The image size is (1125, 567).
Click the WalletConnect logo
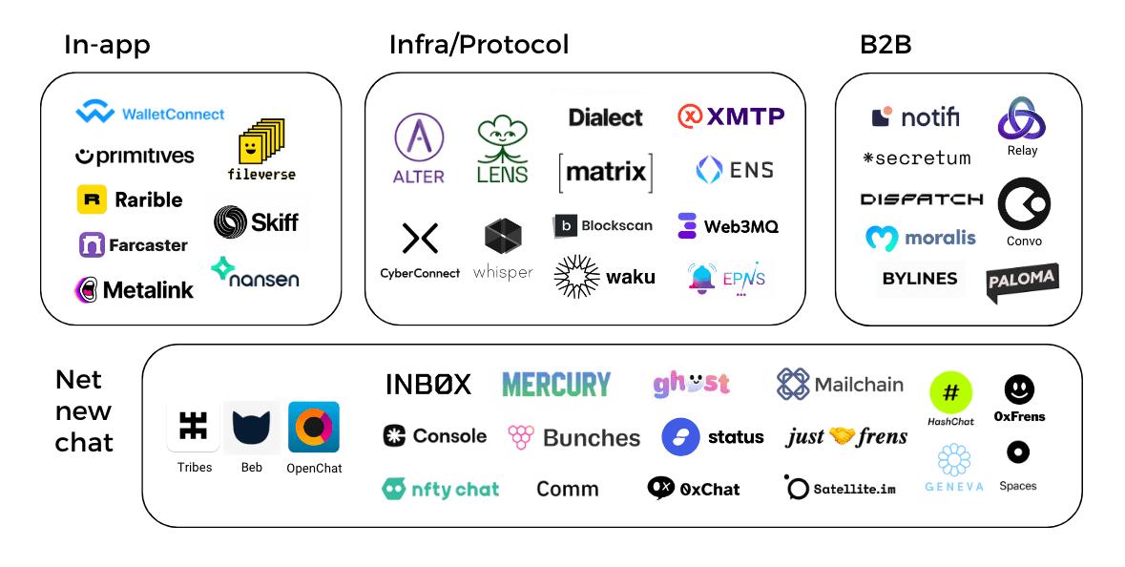[x=150, y=114]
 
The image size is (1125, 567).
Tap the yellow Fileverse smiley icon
[x=260, y=143]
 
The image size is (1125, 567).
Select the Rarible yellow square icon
[x=92, y=199]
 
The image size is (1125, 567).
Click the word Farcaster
[x=148, y=245]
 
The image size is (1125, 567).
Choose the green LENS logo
[x=502, y=148]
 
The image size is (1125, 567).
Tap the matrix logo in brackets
[x=606, y=173]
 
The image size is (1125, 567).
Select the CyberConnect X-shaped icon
[x=420, y=238]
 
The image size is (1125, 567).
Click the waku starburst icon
[x=575, y=277]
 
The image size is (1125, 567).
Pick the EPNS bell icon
[x=702, y=278]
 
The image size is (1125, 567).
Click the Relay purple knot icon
[x=1021, y=120]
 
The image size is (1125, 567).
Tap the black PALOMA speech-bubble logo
[x=1022, y=281]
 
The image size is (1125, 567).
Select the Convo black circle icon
[x=1024, y=205]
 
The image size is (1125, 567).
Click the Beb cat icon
[x=251, y=428]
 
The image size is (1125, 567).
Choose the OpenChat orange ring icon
[x=314, y=427]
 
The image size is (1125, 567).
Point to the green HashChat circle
[x=950, y=392]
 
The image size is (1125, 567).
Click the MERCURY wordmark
[x=555, y=385]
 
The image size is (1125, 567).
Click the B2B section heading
[x=885, y=45]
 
